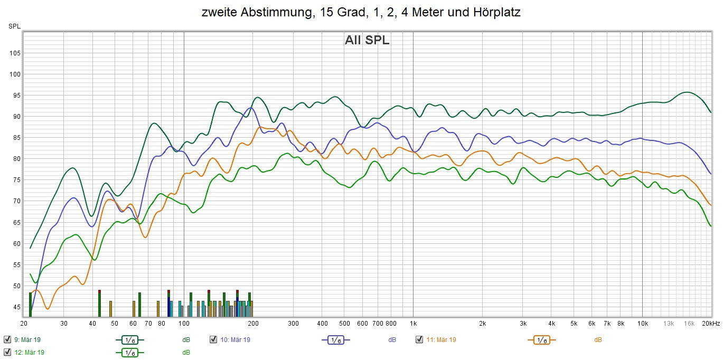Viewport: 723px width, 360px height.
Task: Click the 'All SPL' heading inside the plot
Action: click(x=367, y=40)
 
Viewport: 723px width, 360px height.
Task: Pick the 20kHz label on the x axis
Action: click(x=710, y=324)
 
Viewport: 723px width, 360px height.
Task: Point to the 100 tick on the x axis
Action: click(x=184, y=324)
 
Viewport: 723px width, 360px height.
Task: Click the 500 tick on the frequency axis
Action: click(x=344, y=324)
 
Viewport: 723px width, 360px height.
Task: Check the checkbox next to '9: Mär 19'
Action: click(x=7, y=339)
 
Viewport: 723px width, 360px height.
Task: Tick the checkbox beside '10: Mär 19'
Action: click(x=213, y=339)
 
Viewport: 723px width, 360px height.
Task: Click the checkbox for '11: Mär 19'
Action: click(x=419, y=339)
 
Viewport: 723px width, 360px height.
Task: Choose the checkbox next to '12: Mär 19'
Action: click(x=7, y=352)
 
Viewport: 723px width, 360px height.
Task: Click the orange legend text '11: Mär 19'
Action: click(x=441, y=340)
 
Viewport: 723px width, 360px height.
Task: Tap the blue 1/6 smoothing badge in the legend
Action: click(x=335, y=340)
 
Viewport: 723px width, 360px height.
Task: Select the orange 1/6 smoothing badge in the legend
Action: click(x=541, y=340)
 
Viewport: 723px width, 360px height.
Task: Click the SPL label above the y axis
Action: click(x=14, y=26)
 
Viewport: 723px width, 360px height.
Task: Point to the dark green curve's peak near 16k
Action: click(x=686, y=92)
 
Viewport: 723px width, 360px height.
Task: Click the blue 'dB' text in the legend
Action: click(x=392, y=340)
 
